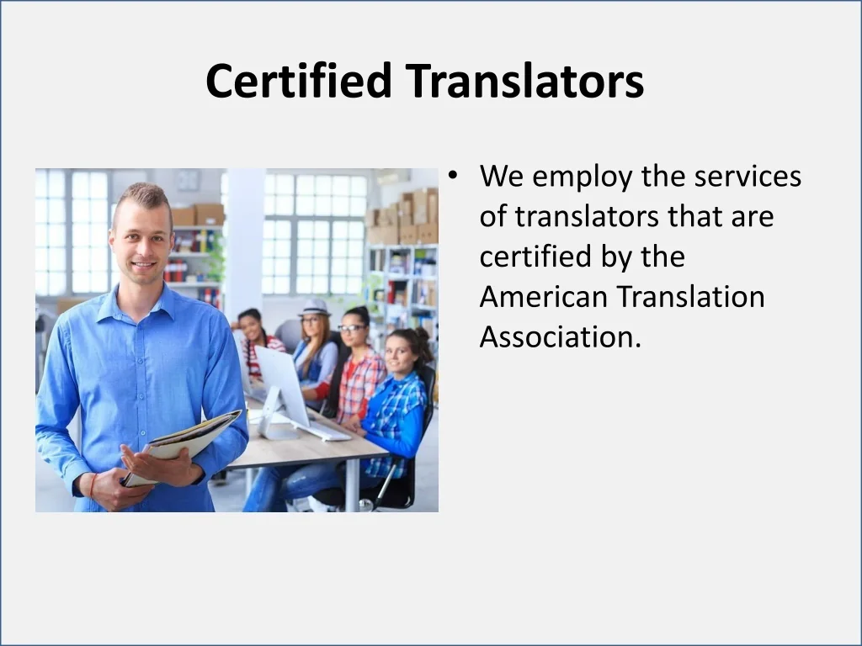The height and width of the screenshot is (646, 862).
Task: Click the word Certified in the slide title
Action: pyautogui.click(x=299, y=82)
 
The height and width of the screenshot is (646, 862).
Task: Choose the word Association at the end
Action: pyautogui.click(x=560, y=336)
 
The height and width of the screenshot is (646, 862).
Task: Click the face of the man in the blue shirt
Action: pyautogui.click(x=142, y=240)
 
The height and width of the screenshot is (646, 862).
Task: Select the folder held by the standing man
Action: pyautogui.click(x=185, y=442)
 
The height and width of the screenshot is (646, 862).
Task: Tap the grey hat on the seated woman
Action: pyautogui.click(x=314, y=307)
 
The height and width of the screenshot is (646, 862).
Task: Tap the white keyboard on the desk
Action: pyautogui.click(x=324, y=431)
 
